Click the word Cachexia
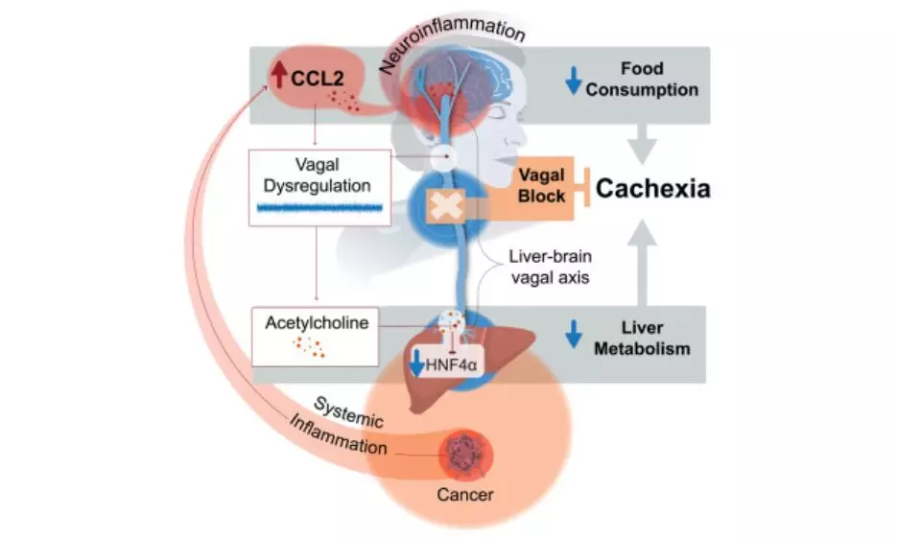(x=652, y=188)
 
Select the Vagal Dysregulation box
(x=319, y=186)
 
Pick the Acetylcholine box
(x=316, y=335)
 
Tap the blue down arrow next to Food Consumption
(x=574, y=81)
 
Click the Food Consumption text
(x=642, y=80)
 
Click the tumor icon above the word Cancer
(x=465, y=450)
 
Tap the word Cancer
(x=465, y=495)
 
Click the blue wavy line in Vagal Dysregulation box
(x=319, y=207)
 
